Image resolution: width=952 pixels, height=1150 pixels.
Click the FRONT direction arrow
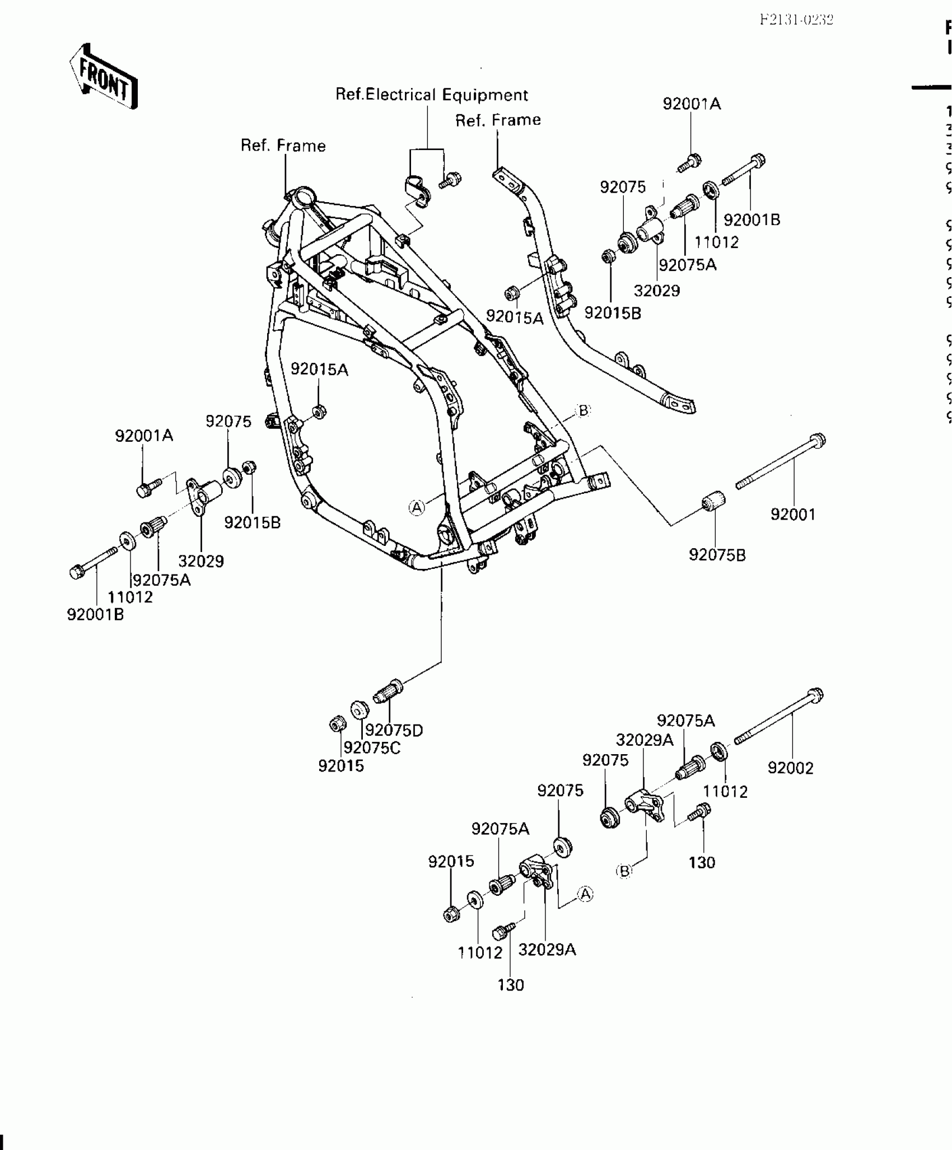[x=104, y=77]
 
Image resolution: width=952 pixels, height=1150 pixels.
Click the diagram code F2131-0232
[x=796, y=21]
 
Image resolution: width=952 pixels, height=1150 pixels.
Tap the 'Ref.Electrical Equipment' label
[x=431, y=95]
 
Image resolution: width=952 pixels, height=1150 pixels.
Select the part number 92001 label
[x=793, y=514]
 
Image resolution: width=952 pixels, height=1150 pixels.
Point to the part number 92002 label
[x=790, y=768]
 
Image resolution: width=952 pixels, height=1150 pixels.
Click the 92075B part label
[x=717, y=555]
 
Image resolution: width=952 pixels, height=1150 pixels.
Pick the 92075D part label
[x=394, y=730]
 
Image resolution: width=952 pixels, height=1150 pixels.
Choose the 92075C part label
[x=372, y=748]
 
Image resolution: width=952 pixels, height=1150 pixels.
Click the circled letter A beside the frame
[x=417, y=507]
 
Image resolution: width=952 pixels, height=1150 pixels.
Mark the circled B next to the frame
[x=583, y=410]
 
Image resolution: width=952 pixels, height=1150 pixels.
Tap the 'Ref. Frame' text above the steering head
[x=283, y=146]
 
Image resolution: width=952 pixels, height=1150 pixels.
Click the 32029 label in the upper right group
[x=656, y=291]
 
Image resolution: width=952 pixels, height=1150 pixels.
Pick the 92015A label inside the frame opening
[x=319, y=370]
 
